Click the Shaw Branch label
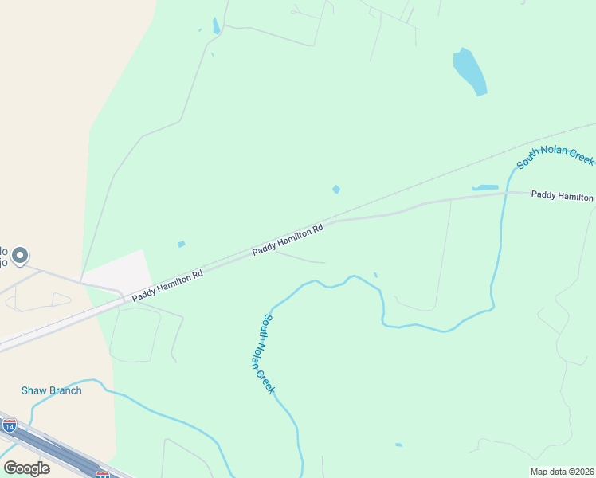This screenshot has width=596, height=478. coord(51,390)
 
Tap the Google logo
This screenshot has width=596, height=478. coord(26,468)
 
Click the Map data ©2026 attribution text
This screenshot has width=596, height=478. coord(563,472)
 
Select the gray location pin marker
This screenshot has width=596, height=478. coord(20,257)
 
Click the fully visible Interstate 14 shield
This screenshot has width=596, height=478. coord(9,426)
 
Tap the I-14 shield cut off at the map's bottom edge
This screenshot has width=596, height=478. coord(103,475)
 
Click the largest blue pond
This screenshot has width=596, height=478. coord(469,70)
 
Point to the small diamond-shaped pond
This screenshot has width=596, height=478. coord(336,189)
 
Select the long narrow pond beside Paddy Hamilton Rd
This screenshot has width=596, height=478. coord(484,188)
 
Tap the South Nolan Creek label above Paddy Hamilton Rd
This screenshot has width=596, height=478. coord(555,151)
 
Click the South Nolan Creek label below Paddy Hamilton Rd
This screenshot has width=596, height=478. coord(268,353)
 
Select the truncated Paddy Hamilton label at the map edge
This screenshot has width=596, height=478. coord(563,195)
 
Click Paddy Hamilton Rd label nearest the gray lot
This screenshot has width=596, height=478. coord(167,284)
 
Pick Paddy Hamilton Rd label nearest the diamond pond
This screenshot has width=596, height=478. coord(288,239)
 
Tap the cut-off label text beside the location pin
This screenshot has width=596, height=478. coord(4,255)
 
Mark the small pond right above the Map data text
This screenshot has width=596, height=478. coord(398,445)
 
